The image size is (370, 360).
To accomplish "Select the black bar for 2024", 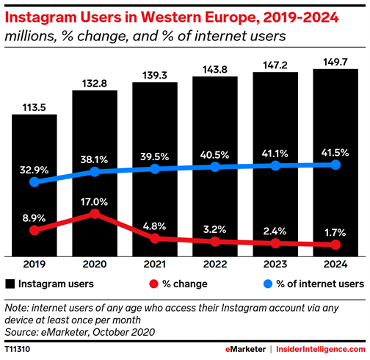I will click(335, 162).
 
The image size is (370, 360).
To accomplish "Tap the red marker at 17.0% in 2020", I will click(94, 214).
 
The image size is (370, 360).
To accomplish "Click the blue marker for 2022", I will click(214, 167).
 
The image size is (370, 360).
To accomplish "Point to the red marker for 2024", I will click(335, 245).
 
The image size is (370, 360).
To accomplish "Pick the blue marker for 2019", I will click(33, 181).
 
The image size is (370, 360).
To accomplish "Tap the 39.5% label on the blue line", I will click(154, 156).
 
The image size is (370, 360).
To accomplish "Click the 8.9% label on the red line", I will click(33, 217).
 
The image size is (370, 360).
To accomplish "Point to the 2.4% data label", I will click(275, 228).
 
